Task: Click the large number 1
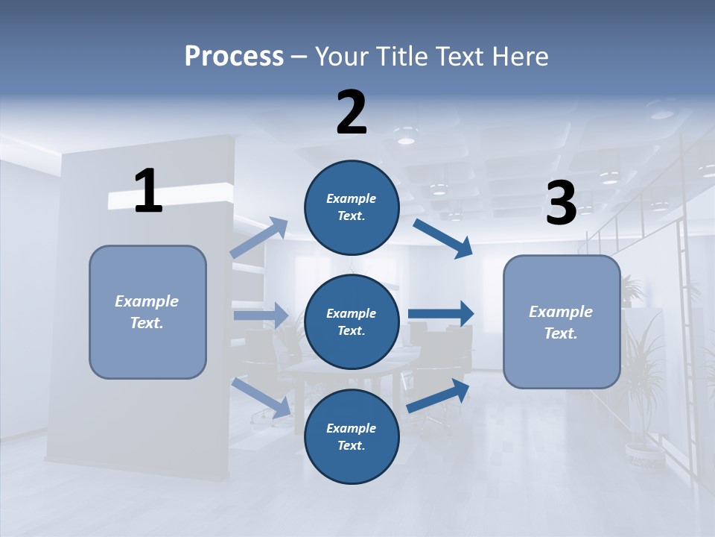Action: pos(148,192)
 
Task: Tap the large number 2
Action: pos(352,112)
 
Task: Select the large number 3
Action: pos(561,204)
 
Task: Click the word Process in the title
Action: pos(234,56)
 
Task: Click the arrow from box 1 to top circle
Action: pos(260,238)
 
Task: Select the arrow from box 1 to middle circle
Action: pos(261,315)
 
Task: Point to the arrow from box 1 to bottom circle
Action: pos(261,398)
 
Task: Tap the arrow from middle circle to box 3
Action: pos(441,314)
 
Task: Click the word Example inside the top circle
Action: pos(352,198)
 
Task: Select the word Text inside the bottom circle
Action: pos(350,445)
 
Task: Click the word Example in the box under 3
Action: pos(561,312)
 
